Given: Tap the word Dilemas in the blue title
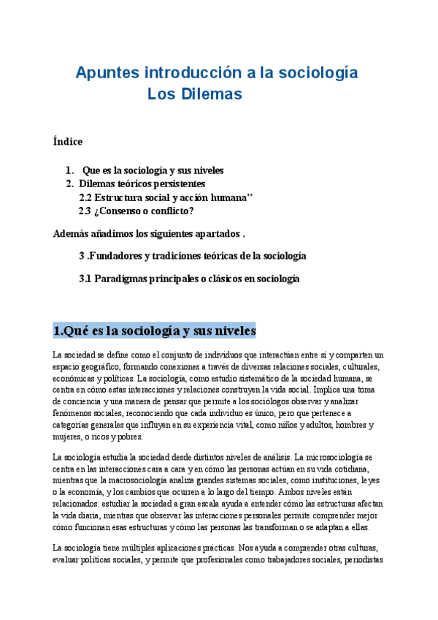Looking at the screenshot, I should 211,94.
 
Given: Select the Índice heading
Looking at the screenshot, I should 68,141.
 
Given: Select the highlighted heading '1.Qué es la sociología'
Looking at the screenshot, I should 154,330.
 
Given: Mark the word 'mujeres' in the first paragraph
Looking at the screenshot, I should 69,436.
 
